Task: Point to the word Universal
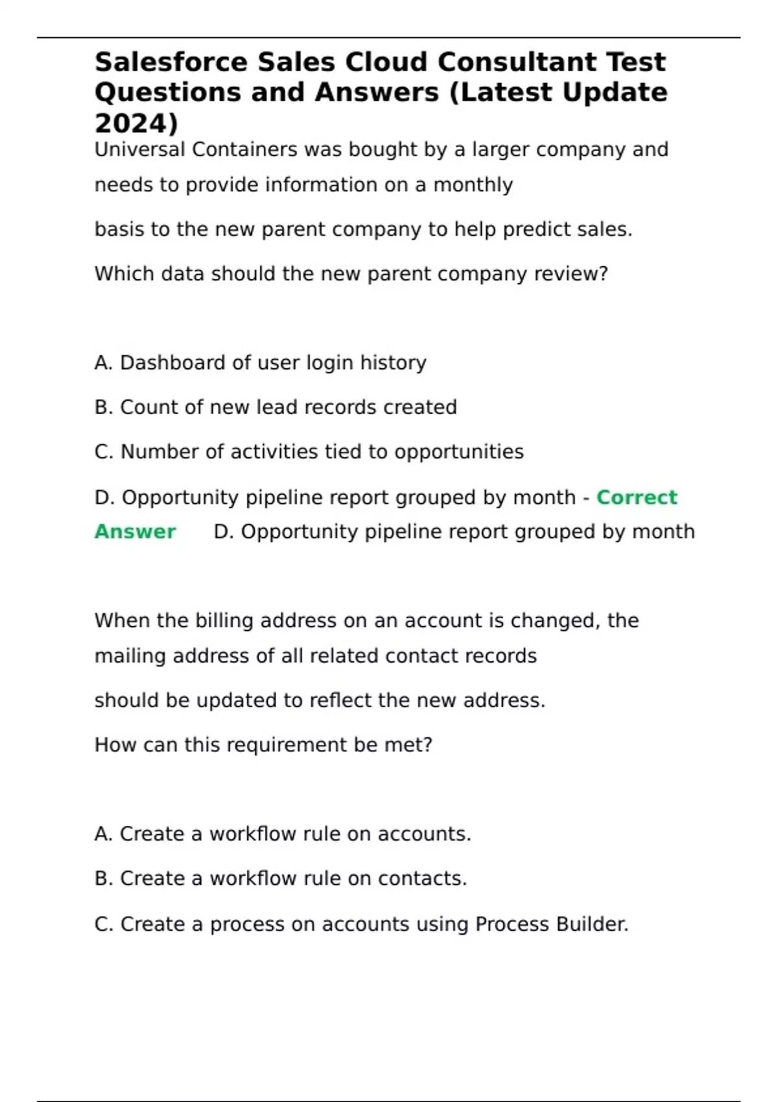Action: [139, 150]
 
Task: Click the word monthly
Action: [473, 185]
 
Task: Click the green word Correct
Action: [637, 497]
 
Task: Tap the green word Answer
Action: [135, 532]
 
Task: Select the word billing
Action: [224, 621]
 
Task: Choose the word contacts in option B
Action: [422, 879]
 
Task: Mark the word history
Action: [393, 363]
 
